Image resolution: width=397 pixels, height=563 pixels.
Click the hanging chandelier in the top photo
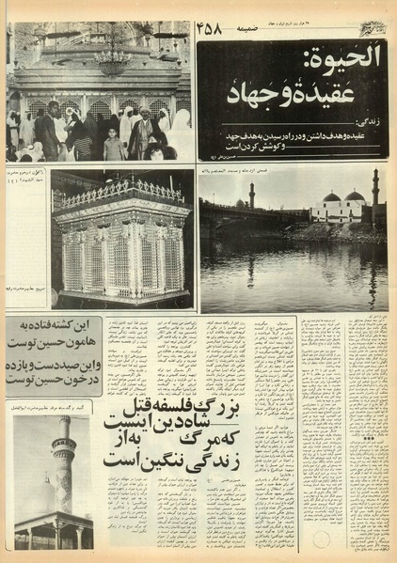[x=112, y=62]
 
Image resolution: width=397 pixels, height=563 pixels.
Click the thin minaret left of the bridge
[x=252, y=195]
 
